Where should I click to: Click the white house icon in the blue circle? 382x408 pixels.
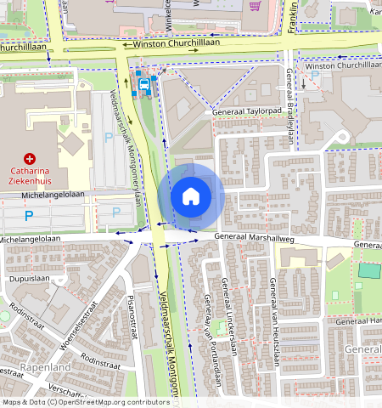[191, 196]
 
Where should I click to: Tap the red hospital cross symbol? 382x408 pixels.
[30, 157]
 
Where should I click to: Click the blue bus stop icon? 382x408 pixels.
[145, 84]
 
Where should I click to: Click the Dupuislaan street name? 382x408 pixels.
[26, 277]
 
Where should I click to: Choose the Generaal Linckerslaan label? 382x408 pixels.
[227, 314]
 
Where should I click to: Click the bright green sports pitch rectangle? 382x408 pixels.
[369, 270]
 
